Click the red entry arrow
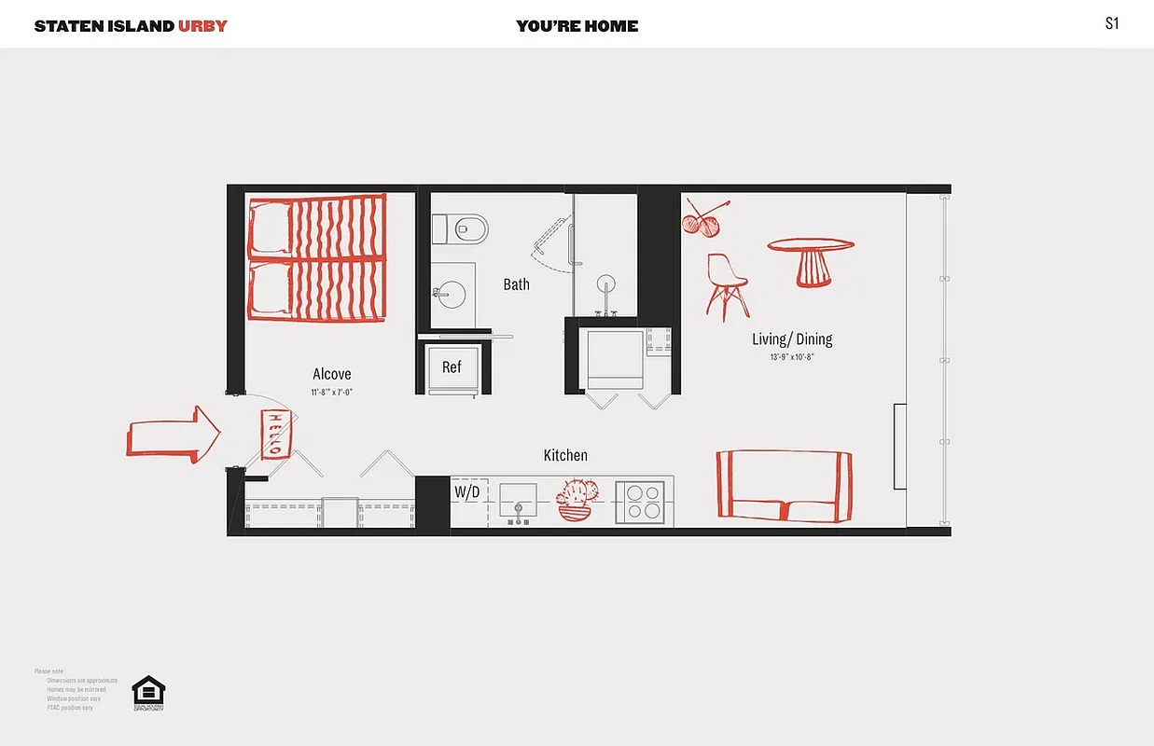pyautogui.click(x=174, y=435)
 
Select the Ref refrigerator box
pyautogui.click(x=452, y=367)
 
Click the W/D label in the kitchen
pyautogui.click(x=466, y=491)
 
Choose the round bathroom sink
pyautogui.click(x=451, y=295)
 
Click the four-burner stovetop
pyautogui.click(x=643, y=503)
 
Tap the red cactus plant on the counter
pyautogui.click(x=577, y=500)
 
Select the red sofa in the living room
pyautogui.click(x=784, y=485)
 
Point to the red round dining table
pyautogui.click(x=811, y=260)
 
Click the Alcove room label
pyautogui.click(x=332, y=374)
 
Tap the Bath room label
pyautogui.click(x=516, y=284)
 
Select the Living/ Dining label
pyautogui.click(x=792, y=339)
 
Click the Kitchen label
pyautogui.click(x=565, y=455)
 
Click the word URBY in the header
pyautogui.click(x=202, y=25)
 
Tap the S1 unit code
pyautogui.click(x=1111, y=24)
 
